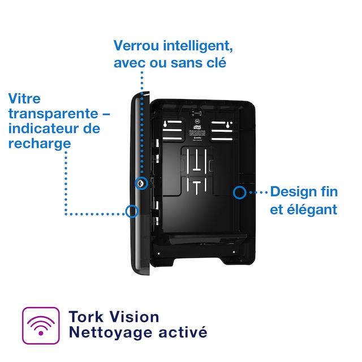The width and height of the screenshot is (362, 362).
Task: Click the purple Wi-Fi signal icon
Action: [40, 325]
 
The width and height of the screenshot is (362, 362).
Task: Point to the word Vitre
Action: [24, 98]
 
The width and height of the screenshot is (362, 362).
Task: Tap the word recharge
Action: [40, 144]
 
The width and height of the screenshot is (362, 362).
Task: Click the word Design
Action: [293, 192]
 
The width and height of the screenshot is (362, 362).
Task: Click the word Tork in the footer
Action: [85, 317]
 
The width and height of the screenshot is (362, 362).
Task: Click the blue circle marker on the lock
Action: [141, 183]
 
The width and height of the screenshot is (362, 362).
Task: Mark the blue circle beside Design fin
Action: [239, 192]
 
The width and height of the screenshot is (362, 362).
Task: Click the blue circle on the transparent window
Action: [132, 211]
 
